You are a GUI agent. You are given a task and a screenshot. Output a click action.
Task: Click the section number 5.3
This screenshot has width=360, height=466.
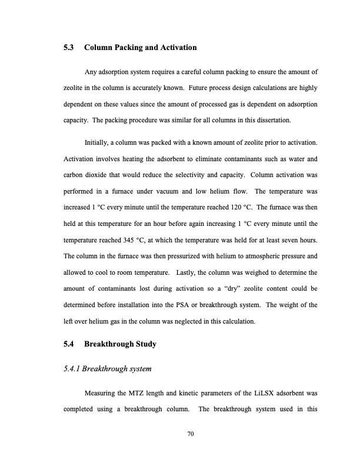coord(69,47)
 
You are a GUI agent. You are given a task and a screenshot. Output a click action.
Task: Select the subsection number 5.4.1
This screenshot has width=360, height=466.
coord(72,369)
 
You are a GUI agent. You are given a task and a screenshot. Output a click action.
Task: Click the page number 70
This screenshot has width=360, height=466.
coord(190,434)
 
